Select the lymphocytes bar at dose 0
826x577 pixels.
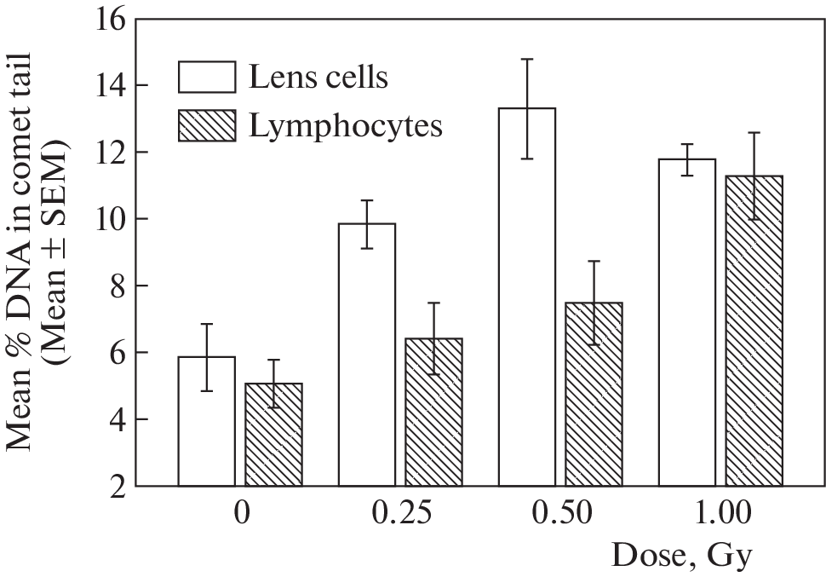tap(273, 435)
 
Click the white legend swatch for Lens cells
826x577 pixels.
tap(206, 78)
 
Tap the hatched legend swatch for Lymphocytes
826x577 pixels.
tap(206, 127)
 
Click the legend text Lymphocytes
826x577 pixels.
tap(347, 126)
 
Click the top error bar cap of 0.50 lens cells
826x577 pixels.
tap(526, 60)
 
